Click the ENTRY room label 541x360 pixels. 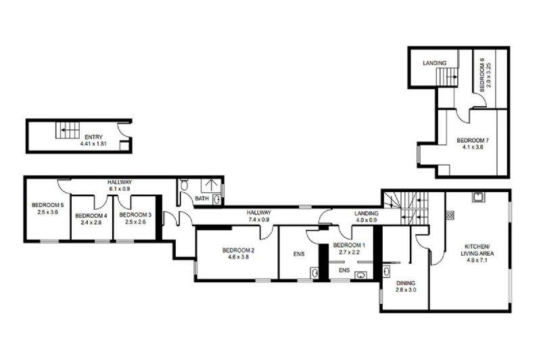(x=93, y=137)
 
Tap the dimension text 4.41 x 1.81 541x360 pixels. (x=93, y=143)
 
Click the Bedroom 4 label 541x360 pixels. (x=91, y=216)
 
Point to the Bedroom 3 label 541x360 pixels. (x=135, y=215)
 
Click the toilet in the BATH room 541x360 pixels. (x=184, y=185)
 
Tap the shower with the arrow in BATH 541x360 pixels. (x=210, y=185)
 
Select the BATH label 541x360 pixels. (x=202, y=198)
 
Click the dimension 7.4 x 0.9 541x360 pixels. (x=258, y=219)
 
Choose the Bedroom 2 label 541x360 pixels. (x=239, y=250)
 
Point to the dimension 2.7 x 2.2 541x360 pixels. (x=349, y=252)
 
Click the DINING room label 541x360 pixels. (x=406, y=283)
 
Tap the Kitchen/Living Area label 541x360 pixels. (x=477, y=250)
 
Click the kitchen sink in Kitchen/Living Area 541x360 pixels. (x=479, y=197)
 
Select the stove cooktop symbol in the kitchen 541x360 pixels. (x=450, y=215)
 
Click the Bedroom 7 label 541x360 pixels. (x=473, y=141)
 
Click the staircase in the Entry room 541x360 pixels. (x=68, y=130)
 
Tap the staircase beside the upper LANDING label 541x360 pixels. (x=448, y=76)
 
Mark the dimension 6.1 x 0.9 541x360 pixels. (x=120, y=189)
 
